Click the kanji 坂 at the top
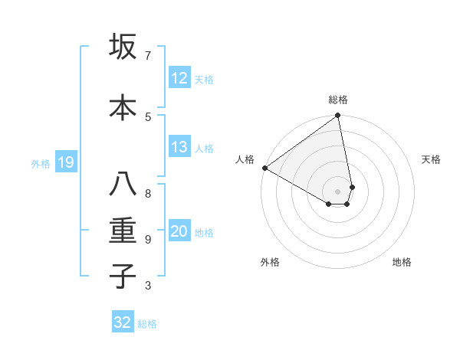click(x=123, y=47)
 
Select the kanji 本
click(x=123, y=107)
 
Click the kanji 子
click(x=123, y=277)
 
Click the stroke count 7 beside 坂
click(x=148, y=56)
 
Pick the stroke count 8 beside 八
click(x=148, y=192)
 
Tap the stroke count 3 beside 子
click(x=148, y=286)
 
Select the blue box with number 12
click(x=179, y=78)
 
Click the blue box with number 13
click(x=179, y=147)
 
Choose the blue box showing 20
click(x=179, y=232)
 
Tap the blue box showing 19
click(x=66, y=162)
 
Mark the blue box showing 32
click(x=123, y=322)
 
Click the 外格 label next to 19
click(x=41, y=163)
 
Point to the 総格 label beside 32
click(x=147, y=324)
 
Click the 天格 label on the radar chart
click(x=431, y=159)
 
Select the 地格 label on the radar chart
click(x=402, y=262)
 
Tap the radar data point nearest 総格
click(x=337, y=116)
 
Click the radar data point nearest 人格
click(x=264, y=168)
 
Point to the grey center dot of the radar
click(x=337, y=191)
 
